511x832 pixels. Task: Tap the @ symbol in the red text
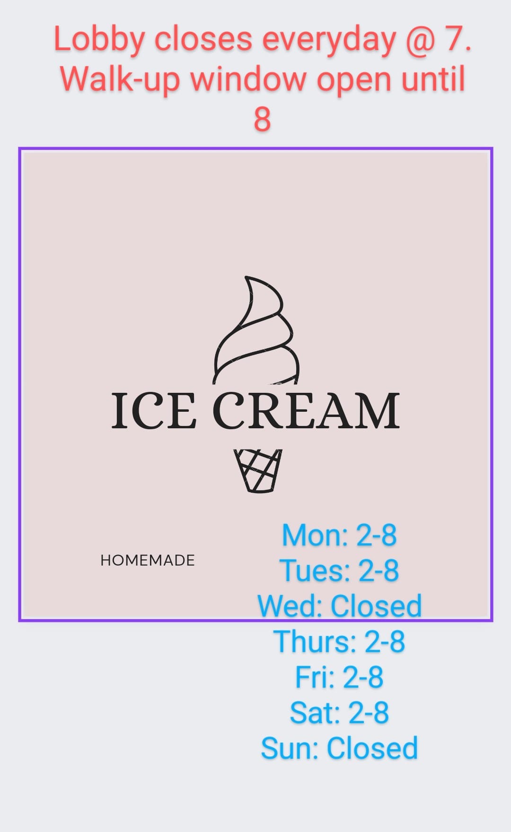[420, 40]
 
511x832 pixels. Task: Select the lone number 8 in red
[262, 119]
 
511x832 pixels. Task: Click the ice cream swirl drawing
[256, 330]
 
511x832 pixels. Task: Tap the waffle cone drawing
[258, 471]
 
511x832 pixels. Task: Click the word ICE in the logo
[154, 411]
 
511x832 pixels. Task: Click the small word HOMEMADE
[148, 560]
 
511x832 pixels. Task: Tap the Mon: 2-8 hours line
[339, 535]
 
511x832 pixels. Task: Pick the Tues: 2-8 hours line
[339, 570]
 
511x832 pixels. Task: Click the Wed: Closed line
[339, 606]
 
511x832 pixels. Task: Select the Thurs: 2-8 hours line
[339, 642]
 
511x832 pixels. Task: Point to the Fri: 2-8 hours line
[339, 677]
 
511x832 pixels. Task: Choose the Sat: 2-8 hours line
[339, 713]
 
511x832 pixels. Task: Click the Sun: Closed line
[339, 748]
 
